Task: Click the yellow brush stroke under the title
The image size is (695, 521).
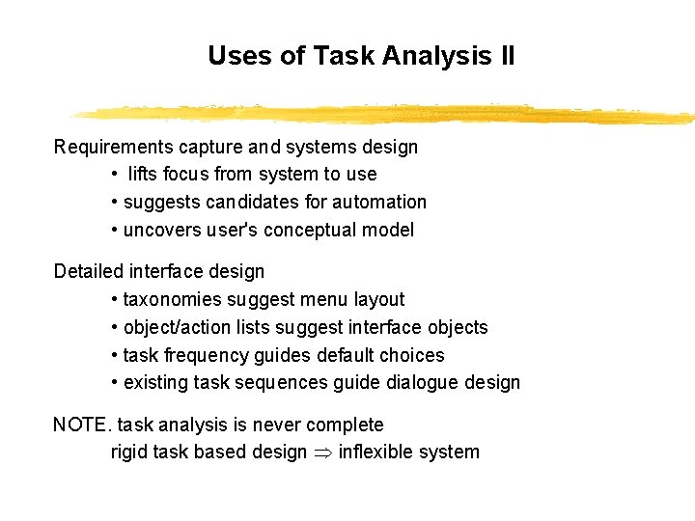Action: [386, 114]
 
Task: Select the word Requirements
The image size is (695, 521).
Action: [114, 148]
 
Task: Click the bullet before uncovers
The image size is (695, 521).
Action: [115, 231]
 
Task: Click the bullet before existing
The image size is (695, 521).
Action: [115, 383]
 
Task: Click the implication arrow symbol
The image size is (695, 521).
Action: [322, 453]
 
